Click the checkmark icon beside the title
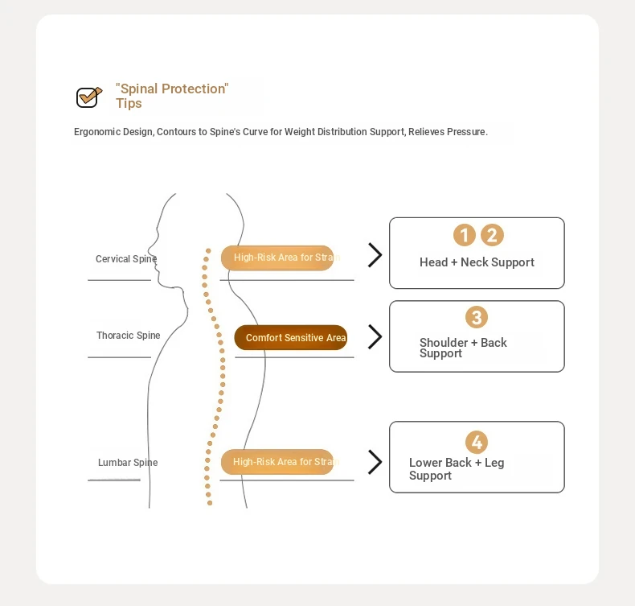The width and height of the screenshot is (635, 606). tap(88, 97)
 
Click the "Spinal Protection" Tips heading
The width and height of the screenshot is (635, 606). tap(172, 96)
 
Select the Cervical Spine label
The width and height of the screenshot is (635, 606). tap(126, 259)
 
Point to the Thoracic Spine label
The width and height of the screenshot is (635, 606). tap(129, 336)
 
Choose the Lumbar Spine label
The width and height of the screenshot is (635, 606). tap(128, 463)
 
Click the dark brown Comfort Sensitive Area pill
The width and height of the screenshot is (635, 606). tap(291, 338)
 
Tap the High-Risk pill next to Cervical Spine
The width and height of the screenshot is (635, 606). tap(277, 258)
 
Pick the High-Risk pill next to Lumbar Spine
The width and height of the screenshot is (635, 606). tap(277, 462)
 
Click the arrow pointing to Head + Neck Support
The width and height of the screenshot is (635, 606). tap(375, 255)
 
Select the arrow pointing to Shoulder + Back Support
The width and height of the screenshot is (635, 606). tap(375, 337)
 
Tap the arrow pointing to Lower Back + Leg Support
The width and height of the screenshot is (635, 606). tap(375, 462)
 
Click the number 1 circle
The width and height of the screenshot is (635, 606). tap(465, 235)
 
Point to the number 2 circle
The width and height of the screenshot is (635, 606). tap(492, 235)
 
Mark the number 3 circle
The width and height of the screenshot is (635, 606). tap(477, 317)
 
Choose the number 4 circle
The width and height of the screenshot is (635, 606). tap(477, 442)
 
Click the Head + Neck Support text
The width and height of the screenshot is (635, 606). tap(477, 262)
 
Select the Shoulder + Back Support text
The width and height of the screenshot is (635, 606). tap(463, 348)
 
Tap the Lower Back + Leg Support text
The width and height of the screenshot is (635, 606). tap(457, 469)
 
